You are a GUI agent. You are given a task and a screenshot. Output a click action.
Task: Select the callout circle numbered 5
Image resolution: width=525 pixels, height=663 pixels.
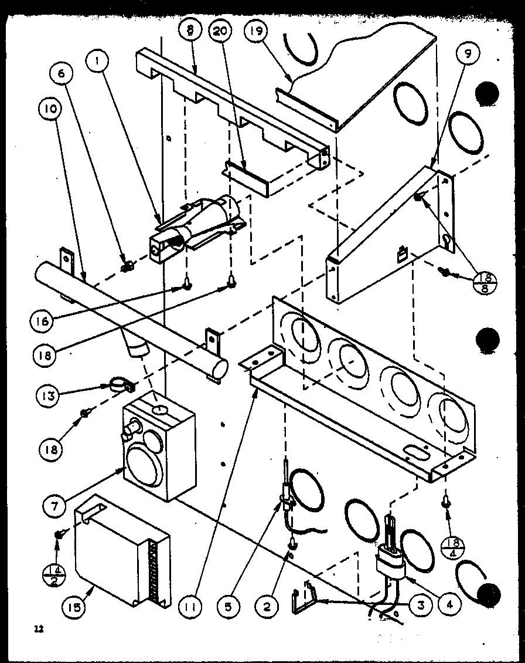coord(229,607)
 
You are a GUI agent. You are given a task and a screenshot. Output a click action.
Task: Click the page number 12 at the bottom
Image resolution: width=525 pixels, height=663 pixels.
coord(39,630)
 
